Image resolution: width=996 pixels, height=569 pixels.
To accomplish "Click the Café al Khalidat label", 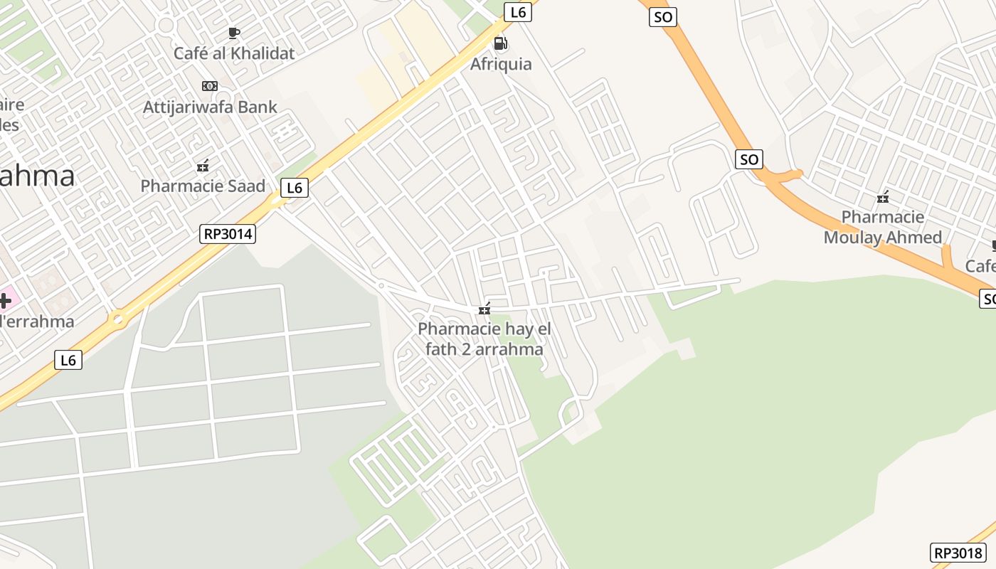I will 234,53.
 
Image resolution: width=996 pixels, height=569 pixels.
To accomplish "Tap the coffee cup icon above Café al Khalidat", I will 233,32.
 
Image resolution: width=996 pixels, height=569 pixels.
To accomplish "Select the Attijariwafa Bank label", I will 210,107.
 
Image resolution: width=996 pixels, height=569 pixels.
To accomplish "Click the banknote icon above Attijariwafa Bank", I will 209,85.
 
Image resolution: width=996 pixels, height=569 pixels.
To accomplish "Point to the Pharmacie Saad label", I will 203,186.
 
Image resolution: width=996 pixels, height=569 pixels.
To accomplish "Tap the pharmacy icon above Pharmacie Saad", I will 203,166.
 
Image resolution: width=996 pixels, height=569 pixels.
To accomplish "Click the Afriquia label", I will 501,64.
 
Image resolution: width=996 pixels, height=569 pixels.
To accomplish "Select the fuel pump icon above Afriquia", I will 501,43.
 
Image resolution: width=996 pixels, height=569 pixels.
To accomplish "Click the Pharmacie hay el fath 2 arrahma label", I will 484,339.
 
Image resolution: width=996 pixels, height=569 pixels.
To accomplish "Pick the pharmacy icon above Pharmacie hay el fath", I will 484,309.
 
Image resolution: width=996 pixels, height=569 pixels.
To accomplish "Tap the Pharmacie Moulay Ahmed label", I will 883,227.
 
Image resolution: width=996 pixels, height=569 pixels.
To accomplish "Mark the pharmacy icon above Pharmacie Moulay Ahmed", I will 883,197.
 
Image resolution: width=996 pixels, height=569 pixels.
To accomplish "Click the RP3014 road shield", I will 228,233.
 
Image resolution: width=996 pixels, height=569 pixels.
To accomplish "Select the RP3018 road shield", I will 958,553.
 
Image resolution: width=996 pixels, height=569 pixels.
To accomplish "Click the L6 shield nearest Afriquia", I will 518,12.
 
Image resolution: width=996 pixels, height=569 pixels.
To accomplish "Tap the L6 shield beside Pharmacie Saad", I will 295,188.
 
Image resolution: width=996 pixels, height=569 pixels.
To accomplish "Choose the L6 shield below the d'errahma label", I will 68,360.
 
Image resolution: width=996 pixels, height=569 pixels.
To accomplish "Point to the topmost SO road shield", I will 662,17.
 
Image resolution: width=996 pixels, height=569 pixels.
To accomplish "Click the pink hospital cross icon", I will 4,300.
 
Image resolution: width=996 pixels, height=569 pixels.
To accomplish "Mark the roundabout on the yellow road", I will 118,319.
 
